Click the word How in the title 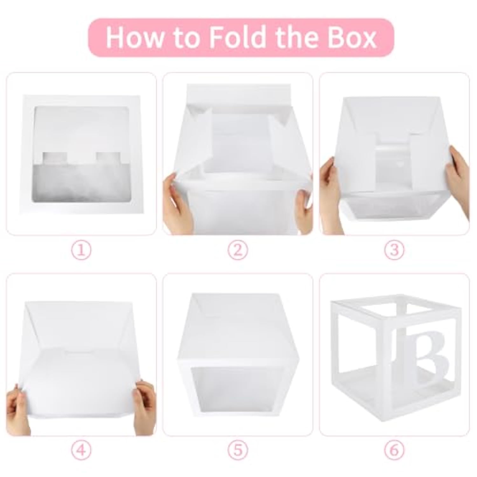pos(134,38)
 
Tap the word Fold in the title pos(237,38)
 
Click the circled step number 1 pos(82,251)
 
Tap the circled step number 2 pos(238,251)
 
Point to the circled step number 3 pos(394,251)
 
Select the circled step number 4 pos(82,450)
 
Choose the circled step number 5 pos(238,450)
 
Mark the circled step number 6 pos(394,450)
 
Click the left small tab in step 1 pos(54,157)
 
